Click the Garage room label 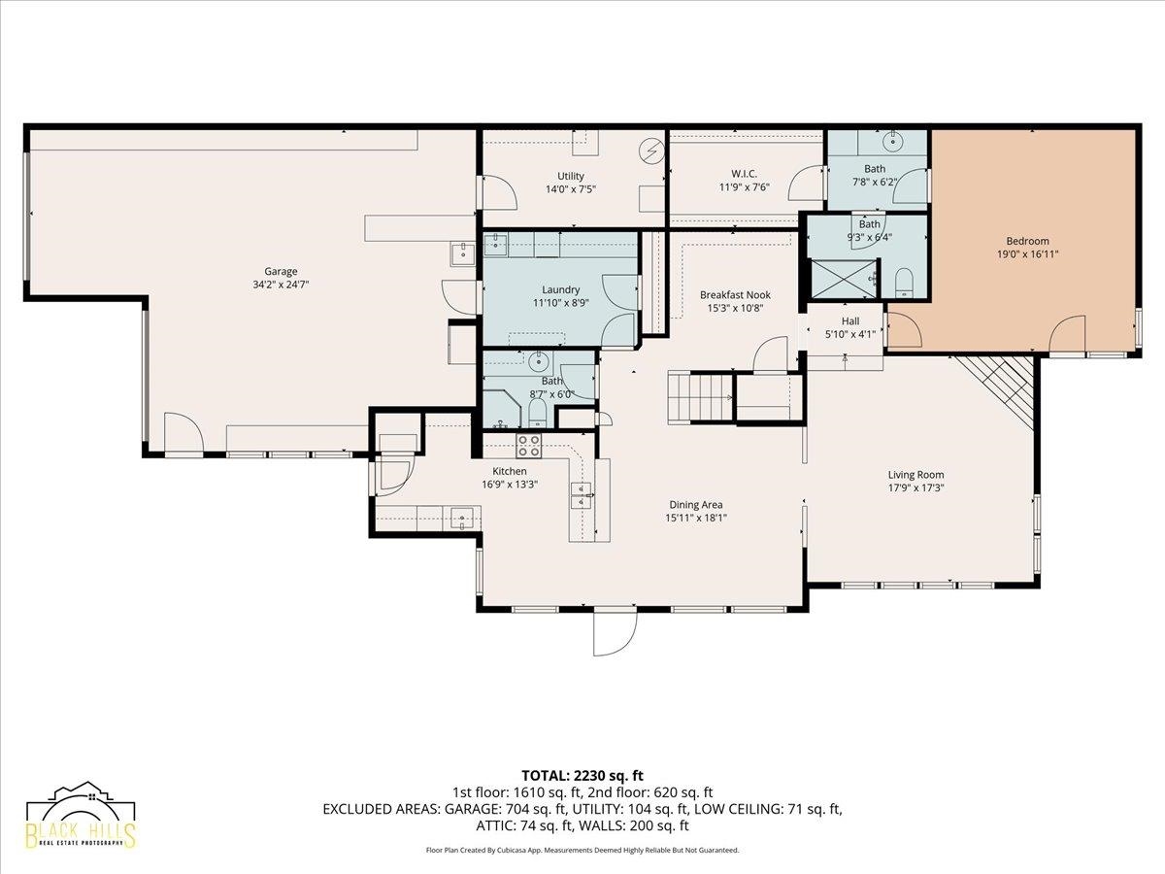click(281, 271)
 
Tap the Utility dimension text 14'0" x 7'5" click(571, 189)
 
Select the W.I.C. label click(744, 174)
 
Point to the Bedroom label click(1027, 241)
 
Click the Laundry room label click(560, 289)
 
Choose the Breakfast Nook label click(735, 295)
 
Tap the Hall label click(850, 321)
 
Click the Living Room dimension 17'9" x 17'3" click(916, 487)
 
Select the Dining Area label click(696, 505)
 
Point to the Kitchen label click(510, 471)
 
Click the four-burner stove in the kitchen click(529, 446)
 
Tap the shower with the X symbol click(844, 279)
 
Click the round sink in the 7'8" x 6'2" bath click(893, 142)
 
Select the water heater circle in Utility click(651, 151)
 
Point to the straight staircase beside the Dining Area click(700, 397)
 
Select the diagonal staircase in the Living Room click(995, 391)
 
